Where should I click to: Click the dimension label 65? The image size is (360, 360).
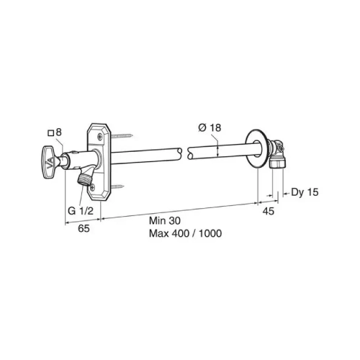pos(84,228)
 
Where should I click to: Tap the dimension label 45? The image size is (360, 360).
pos(268,211)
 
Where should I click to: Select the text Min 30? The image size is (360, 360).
pos(165,220)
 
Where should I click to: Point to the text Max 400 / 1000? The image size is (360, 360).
pos(185,233)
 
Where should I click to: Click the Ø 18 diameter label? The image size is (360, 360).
pos(210,127)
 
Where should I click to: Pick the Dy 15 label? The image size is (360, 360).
pos(305,192)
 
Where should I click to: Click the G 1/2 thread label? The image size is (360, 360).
pos(81,211)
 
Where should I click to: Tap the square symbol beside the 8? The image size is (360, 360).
pos(50,133)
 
